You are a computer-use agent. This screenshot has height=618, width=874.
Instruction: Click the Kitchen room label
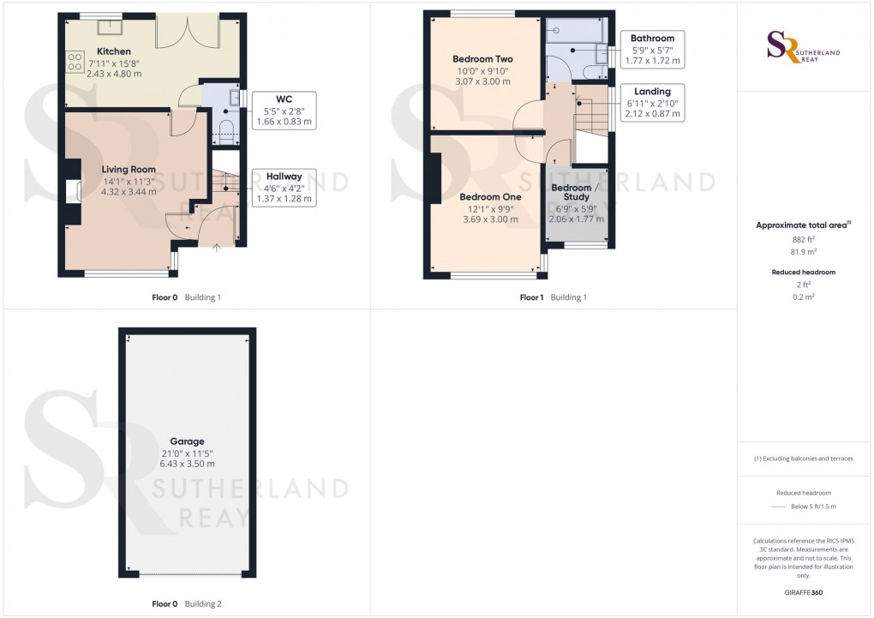114,52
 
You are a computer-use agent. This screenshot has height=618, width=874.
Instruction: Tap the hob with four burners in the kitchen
75,61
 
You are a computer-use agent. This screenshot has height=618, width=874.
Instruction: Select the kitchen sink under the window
109,27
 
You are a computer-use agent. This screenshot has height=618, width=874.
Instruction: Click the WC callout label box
284,110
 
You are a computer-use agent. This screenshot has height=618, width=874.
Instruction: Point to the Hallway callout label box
284,187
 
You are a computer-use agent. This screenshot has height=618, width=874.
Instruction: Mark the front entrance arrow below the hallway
216,249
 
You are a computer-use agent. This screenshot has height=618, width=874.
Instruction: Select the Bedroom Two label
482,59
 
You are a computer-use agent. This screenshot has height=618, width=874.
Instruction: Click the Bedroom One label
487,197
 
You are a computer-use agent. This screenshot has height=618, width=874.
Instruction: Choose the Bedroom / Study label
572,193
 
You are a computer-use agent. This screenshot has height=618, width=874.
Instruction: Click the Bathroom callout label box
652,50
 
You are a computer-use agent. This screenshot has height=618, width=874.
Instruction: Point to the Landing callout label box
652,102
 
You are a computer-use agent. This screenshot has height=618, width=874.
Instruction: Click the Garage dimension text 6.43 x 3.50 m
187,464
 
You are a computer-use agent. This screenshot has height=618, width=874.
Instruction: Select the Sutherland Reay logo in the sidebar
803,46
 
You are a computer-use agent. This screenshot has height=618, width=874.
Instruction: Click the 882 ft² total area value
803,241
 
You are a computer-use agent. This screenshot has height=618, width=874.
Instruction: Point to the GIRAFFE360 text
804,592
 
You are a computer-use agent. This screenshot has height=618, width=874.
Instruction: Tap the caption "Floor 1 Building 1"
554,297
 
